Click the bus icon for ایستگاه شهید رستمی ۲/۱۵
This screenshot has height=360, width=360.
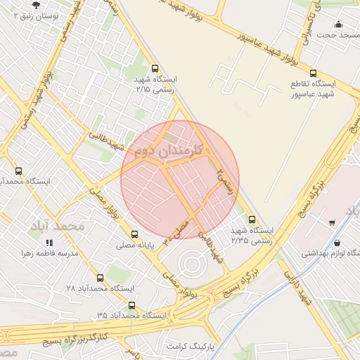pyautogui.click(x=146, y=70)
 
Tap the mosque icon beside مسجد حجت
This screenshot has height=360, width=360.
pyautogui.click(x=339, y=24)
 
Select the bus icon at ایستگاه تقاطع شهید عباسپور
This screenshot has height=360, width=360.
pyautogui.click(x=313, y=73)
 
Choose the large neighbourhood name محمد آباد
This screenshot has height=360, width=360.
pyautogui.click(x=57, y=226)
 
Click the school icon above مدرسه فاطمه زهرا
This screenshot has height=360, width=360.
pyautogui.click(x=49, y=242)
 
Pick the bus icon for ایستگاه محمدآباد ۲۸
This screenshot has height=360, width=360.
pyautogui.click(x=100, y=278)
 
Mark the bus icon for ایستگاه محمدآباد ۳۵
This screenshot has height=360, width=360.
pyautogui.click(x=131, y=305)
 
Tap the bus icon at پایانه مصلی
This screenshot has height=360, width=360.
pyautogui.click(x=134, y=235)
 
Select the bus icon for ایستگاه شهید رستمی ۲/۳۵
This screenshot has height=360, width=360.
pyautogui.click(x=251, y=219)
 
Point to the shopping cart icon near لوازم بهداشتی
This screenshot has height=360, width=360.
pyautogui.click(x=331, y=223)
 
